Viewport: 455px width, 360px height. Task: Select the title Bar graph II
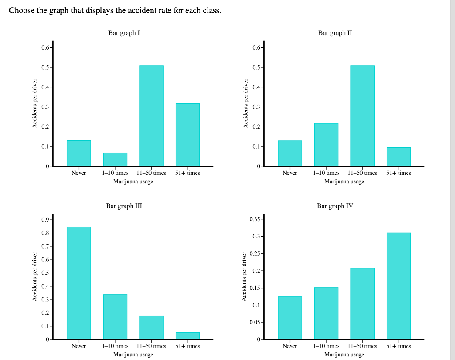[x=335, y=33]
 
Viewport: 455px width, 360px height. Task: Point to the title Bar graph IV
[x=335, y=206]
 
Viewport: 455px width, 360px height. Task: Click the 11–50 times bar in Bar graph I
[x=151, y=116]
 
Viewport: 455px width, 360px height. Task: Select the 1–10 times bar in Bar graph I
[x=115, y=159]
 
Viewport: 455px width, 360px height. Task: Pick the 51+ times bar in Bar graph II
[x=399, y=157]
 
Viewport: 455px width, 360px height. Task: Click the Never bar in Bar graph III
[x=79, y=283]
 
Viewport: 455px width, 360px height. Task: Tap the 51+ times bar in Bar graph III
[x=188, y=336]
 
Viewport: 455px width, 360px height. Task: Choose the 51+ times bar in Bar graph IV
[x=399, y=286]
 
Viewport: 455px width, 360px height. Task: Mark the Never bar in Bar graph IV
[x=290, y=318]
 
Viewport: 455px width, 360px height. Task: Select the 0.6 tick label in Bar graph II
[x=256, y=47]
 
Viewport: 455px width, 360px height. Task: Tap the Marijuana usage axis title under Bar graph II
[x=344, y=182]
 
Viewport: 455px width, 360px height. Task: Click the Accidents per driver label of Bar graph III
[x=34, y=277]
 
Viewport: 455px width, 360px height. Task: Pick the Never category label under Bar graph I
[x=79, y=173]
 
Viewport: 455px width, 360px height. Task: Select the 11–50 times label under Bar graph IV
[x=362, y=346]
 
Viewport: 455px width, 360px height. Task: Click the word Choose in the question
[x=22, y=10]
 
